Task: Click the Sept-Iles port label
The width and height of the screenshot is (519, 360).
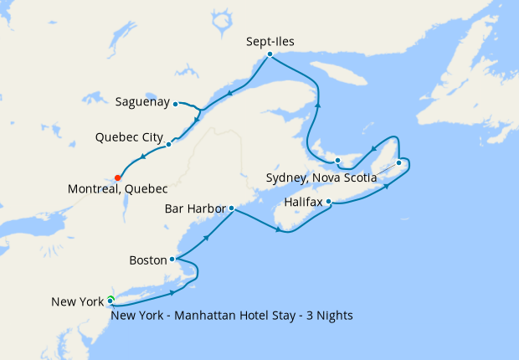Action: (x=271, y=40)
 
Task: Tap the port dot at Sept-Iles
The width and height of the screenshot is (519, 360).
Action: (x=270, y=54)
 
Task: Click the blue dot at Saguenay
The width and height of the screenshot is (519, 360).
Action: (x=175, y=104)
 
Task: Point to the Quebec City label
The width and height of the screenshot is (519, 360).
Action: (x=129, y=136)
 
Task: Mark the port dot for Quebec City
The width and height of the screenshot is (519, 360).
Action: (x=169, y=144)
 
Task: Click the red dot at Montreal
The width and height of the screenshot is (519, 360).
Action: (x=117, y=177)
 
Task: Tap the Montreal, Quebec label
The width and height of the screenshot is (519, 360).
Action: (x=118, y=189)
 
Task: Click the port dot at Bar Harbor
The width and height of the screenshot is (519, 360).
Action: (x=231, y=208)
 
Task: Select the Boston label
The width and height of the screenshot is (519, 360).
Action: (x=148, y=260)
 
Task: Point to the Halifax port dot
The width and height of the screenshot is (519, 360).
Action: (x=329, y=202)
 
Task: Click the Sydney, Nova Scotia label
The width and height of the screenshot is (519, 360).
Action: (x=321, y=177)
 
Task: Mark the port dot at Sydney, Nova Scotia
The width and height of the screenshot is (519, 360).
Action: (x=398, y=162)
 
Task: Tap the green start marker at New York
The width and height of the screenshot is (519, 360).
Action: (x=110, y=300)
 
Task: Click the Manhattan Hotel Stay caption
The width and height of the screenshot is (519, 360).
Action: (x=232, y=316)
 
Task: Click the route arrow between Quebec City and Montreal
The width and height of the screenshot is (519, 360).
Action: (x=143, y=156)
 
